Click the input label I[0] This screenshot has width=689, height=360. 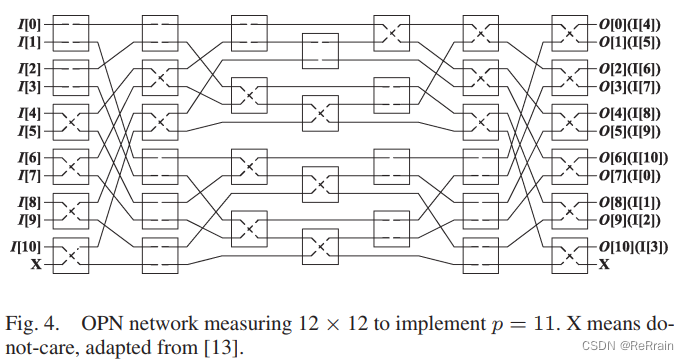point(22,22)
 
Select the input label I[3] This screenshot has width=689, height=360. point(22,88)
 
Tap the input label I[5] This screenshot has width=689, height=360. point(22,131)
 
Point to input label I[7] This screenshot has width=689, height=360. point(22,176)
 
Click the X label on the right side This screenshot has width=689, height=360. point(603,265)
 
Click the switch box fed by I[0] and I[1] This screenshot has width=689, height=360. point(68,32)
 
